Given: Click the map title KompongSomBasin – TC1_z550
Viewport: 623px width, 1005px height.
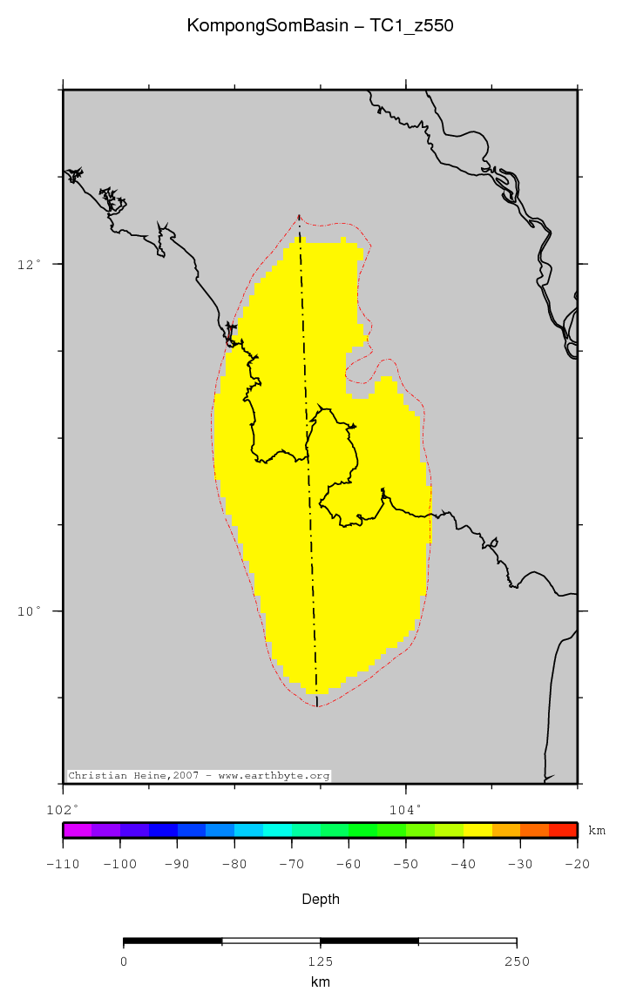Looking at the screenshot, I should click(320, 26).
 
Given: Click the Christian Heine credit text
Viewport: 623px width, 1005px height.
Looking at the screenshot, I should click(199, 775).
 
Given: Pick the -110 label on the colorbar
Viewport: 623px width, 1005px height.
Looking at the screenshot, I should click(63, 864).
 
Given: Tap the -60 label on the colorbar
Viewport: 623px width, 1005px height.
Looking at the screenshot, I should click(349, 864).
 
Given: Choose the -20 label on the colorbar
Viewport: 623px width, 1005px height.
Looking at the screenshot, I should click(578, 864).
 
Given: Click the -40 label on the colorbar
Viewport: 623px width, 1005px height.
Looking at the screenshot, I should click(463, 864).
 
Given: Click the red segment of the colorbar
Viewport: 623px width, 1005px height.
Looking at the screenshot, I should click(563, 830).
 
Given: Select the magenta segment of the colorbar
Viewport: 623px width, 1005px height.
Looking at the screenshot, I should click(78, 830).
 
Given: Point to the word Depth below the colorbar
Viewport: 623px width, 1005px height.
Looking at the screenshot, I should click(320, 899).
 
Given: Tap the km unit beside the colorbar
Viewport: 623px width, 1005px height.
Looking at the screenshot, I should click(597, 831).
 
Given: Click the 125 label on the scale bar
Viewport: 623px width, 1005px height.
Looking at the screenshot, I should click(320, 961).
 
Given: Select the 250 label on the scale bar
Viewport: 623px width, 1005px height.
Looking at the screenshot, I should click(517, 961).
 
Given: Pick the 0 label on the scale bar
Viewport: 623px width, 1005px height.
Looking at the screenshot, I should click(124, 961).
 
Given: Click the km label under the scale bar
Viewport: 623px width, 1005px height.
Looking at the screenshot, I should click(320, 982).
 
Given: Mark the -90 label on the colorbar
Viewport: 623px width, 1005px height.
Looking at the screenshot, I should click(177, 864).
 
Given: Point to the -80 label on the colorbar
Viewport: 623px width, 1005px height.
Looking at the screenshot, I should click(234, 864).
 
